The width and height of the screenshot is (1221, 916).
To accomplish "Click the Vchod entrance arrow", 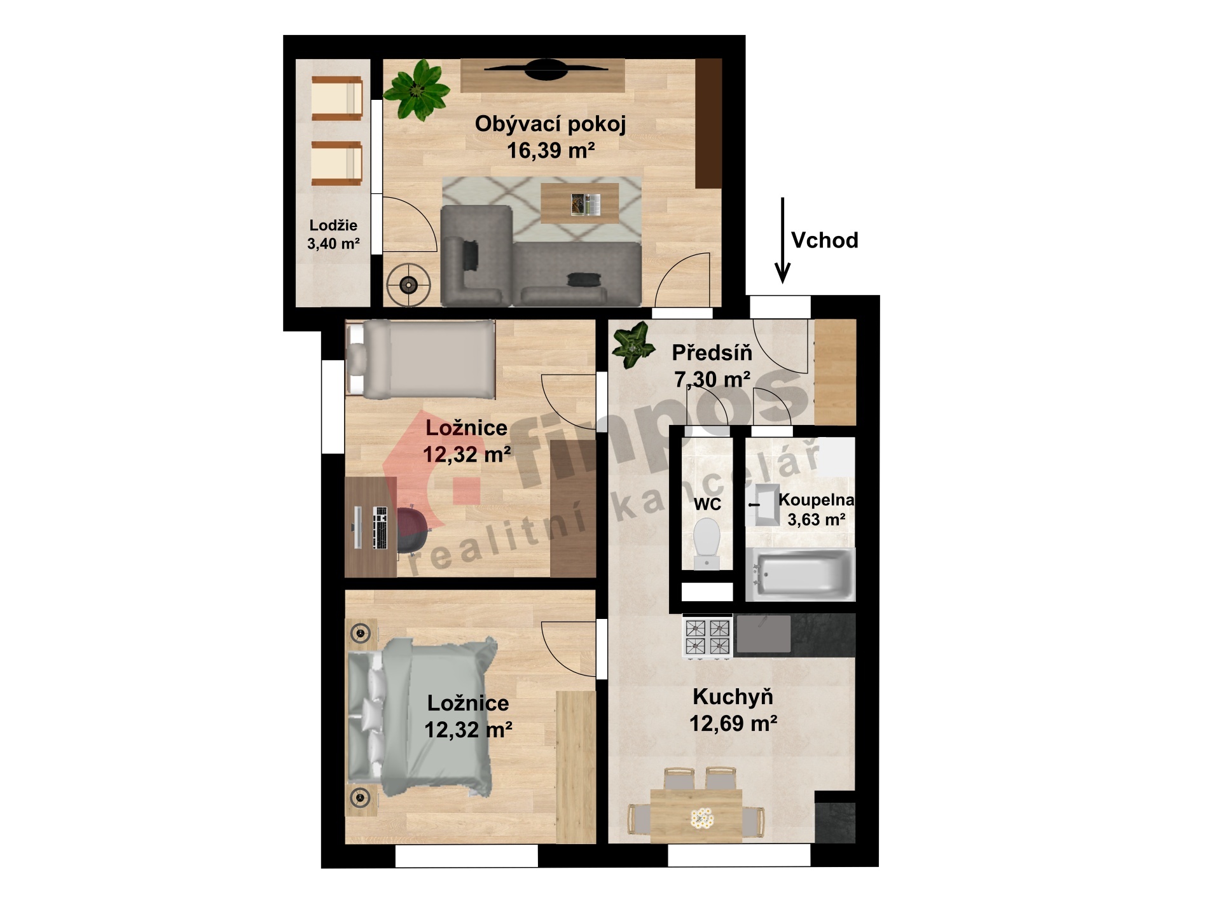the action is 783,240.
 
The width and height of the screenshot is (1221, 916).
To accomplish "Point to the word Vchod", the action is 825,240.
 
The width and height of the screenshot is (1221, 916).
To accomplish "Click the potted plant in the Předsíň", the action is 633,345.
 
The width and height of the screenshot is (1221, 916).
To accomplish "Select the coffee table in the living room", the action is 579,204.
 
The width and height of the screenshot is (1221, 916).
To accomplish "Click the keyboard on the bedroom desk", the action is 380,527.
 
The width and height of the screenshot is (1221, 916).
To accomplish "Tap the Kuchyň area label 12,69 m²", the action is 733,723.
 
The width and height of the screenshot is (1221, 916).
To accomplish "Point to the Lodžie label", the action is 333,225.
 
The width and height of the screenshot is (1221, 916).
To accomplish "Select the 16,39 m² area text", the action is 551,151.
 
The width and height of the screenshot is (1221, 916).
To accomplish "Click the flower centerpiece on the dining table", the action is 701,819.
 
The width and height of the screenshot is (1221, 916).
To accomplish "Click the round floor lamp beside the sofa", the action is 408,284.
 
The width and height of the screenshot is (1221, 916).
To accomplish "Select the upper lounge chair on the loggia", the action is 336,98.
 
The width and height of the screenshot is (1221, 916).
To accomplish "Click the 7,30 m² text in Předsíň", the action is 712,380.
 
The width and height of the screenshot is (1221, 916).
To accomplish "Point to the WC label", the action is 707,504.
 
